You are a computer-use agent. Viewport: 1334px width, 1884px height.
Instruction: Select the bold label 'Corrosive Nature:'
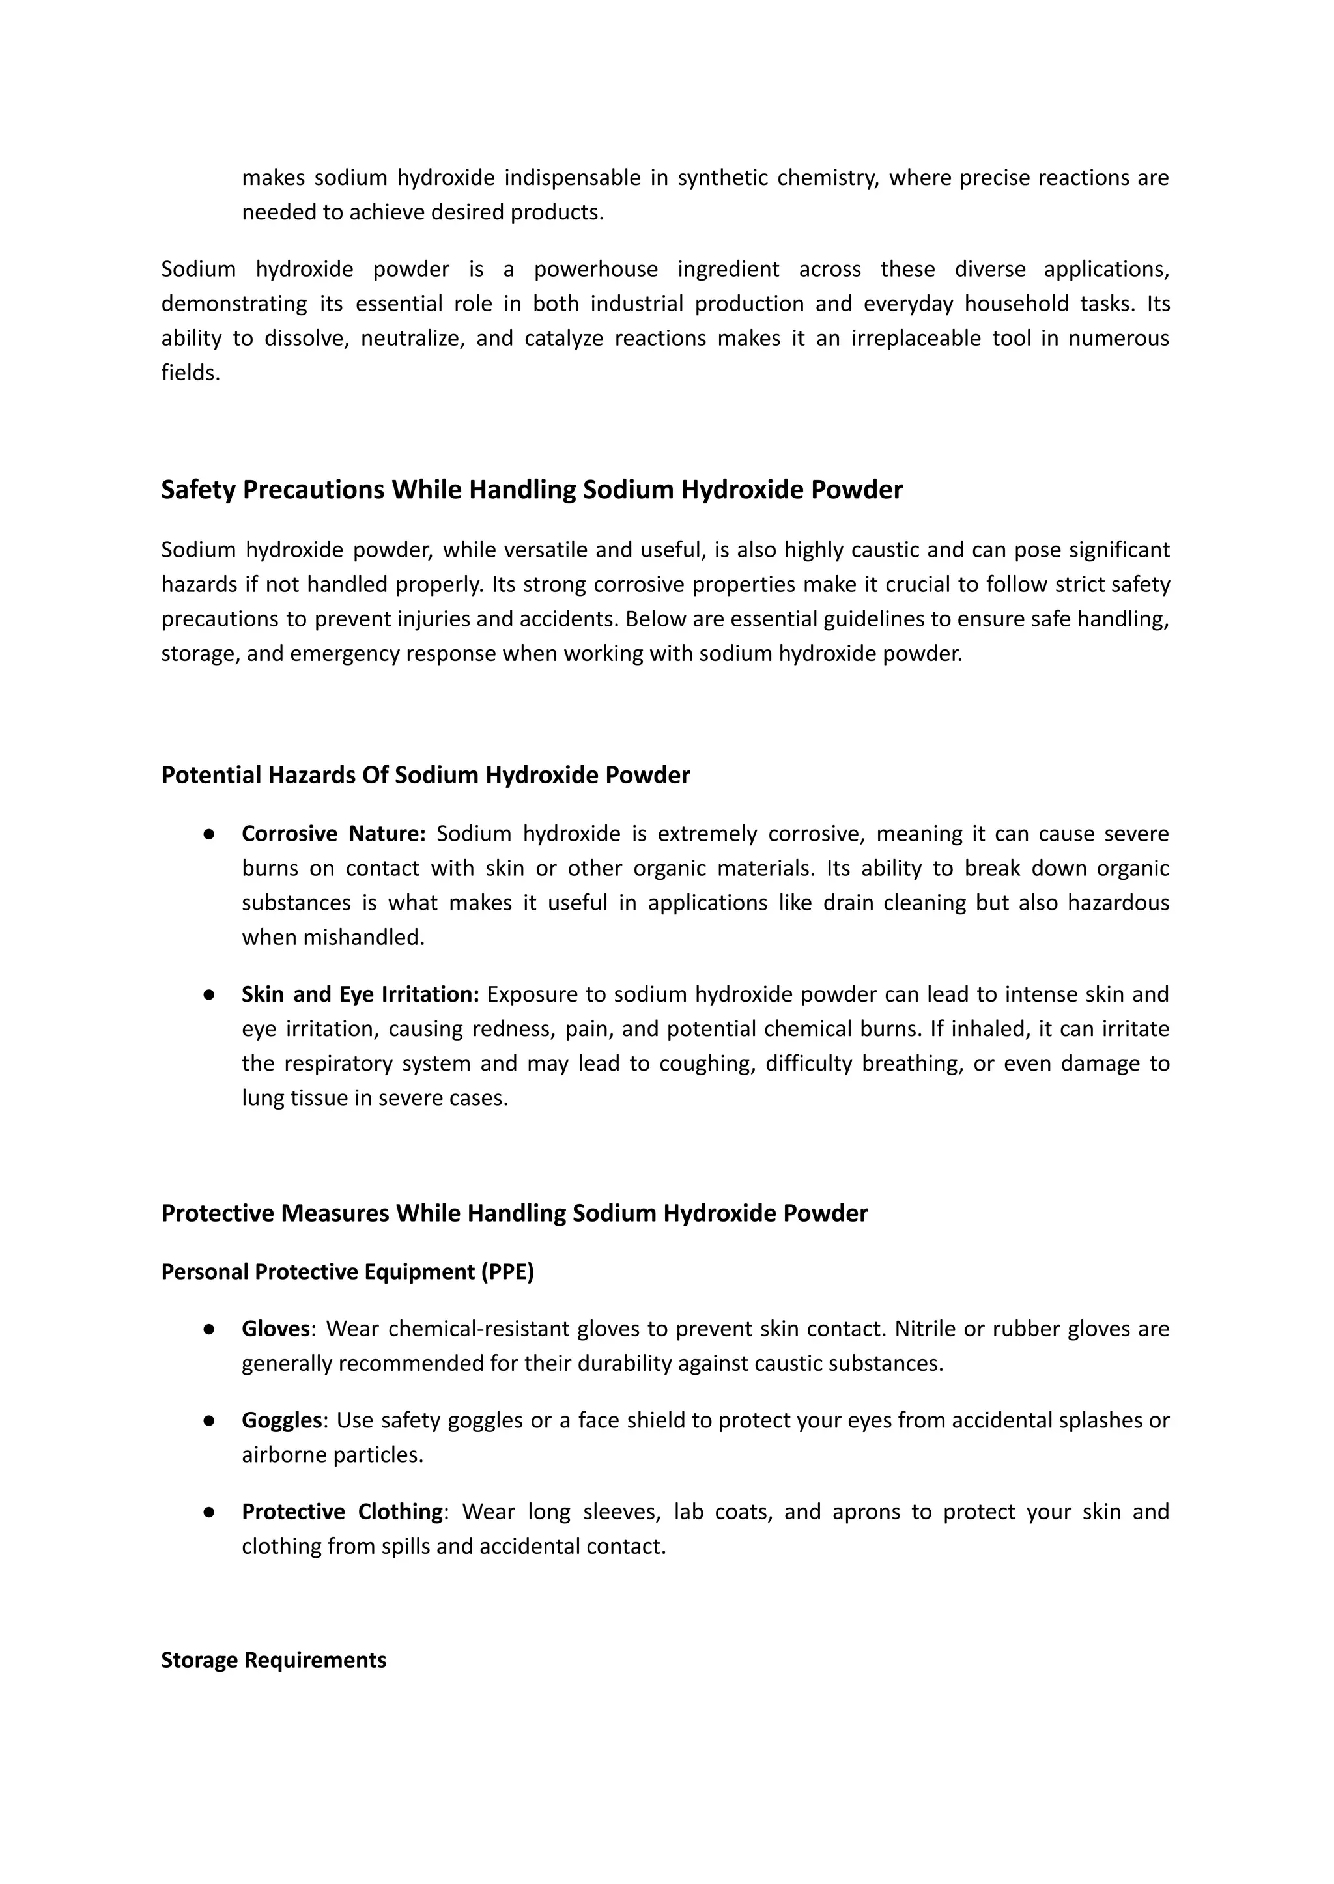click(333, 834)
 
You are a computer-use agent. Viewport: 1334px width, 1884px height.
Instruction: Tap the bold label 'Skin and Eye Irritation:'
click(360, 994)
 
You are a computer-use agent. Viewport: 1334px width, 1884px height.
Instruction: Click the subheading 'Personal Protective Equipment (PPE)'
click(347, 1271)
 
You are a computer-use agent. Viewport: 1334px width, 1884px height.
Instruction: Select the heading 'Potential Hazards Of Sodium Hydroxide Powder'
click(425, 774)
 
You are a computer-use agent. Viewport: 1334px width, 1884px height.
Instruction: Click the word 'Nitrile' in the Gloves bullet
click(925, 1328)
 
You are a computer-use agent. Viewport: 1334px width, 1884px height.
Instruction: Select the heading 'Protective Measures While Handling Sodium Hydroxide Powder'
click(514, 1213)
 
